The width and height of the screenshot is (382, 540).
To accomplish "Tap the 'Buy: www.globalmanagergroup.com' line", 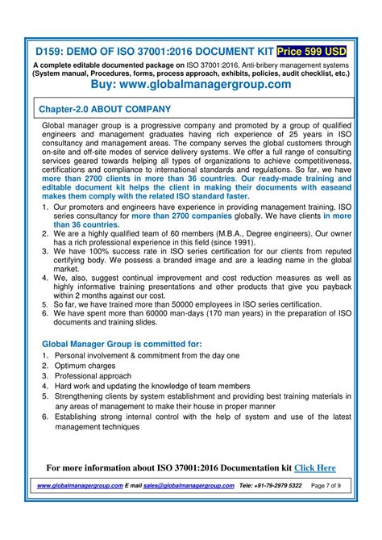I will tap(191, 83).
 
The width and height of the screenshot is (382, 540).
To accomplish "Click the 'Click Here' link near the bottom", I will tap(315, 467).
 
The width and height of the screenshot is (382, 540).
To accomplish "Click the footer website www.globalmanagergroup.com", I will tap(81, 486).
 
